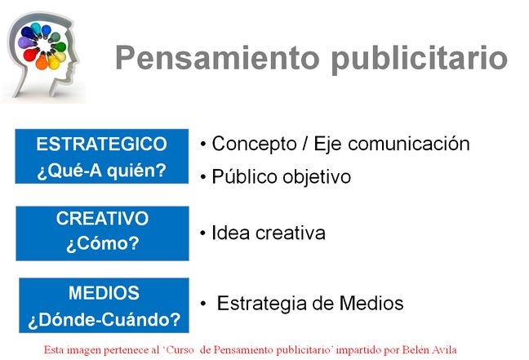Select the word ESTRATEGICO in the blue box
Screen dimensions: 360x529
101,144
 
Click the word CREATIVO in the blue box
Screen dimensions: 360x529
102,219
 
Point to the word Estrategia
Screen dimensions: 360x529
261,304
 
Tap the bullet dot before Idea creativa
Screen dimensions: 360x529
202,233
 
